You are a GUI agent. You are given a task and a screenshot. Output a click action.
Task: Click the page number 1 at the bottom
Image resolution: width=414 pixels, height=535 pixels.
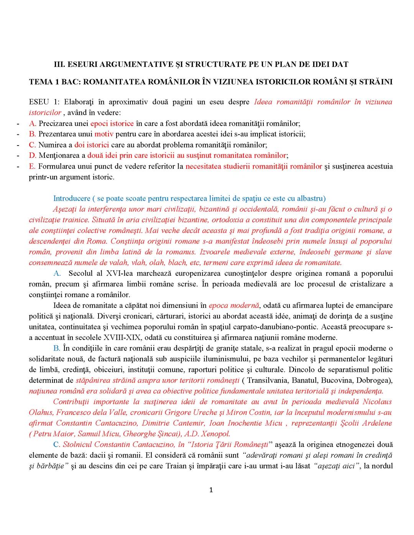pyautogui.click(x=210, y=490)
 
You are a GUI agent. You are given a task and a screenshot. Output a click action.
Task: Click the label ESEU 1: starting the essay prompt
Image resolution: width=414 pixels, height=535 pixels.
pyautogui.click(x=44, y=102)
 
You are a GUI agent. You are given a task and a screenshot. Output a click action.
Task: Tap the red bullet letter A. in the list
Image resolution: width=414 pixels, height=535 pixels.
pyautogui.click(x=33, y=123)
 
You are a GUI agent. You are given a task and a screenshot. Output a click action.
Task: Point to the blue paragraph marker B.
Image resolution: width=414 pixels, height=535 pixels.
pyautogui.click(x=57, y=348)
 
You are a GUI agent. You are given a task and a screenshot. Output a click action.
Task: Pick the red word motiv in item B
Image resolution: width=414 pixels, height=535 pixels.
pyautogui.click(x=104, y=134)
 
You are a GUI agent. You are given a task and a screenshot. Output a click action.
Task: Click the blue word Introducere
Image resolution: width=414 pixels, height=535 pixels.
pyautogui.click(x=71, y=198)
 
